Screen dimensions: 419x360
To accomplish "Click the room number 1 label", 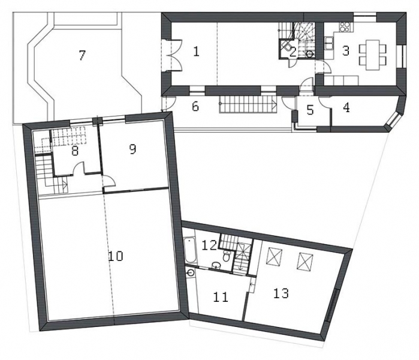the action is click(196, 52).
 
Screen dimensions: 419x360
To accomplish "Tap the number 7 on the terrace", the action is click(82, 55).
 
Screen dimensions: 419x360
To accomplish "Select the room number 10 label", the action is click(116, 256).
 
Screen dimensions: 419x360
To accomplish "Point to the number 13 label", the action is click(281, 293).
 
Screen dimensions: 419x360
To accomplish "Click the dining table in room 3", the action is click(373, 55).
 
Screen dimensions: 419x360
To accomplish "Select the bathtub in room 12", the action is click(191, 250).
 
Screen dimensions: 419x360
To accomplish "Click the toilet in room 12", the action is click(227, 256).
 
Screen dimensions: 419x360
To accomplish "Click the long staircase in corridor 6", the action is click(248, 104).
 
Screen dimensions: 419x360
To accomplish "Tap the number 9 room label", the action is click(132, 149).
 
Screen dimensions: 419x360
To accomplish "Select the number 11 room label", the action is click(221, 297).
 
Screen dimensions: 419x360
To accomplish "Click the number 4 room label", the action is click(346, 107).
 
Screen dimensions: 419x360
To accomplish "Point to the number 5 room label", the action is click(310, 110).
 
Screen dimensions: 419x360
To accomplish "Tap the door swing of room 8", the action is click(79, 169).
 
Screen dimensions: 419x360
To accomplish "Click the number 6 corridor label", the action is click(195, 107).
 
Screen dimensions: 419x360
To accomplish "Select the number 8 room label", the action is click(75, 151).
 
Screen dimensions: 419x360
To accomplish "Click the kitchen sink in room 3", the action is click(328, 43).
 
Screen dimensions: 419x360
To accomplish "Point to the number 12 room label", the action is click(209, 245).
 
